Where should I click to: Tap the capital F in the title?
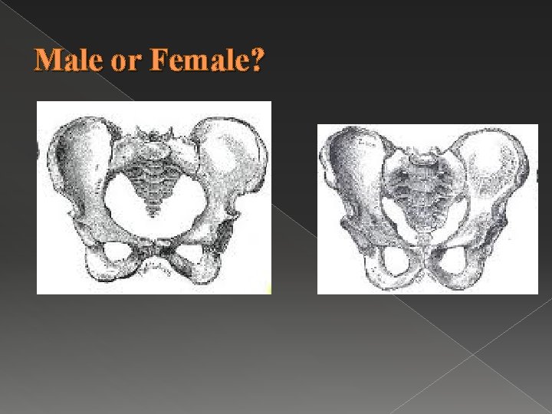tap(159, 60)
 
